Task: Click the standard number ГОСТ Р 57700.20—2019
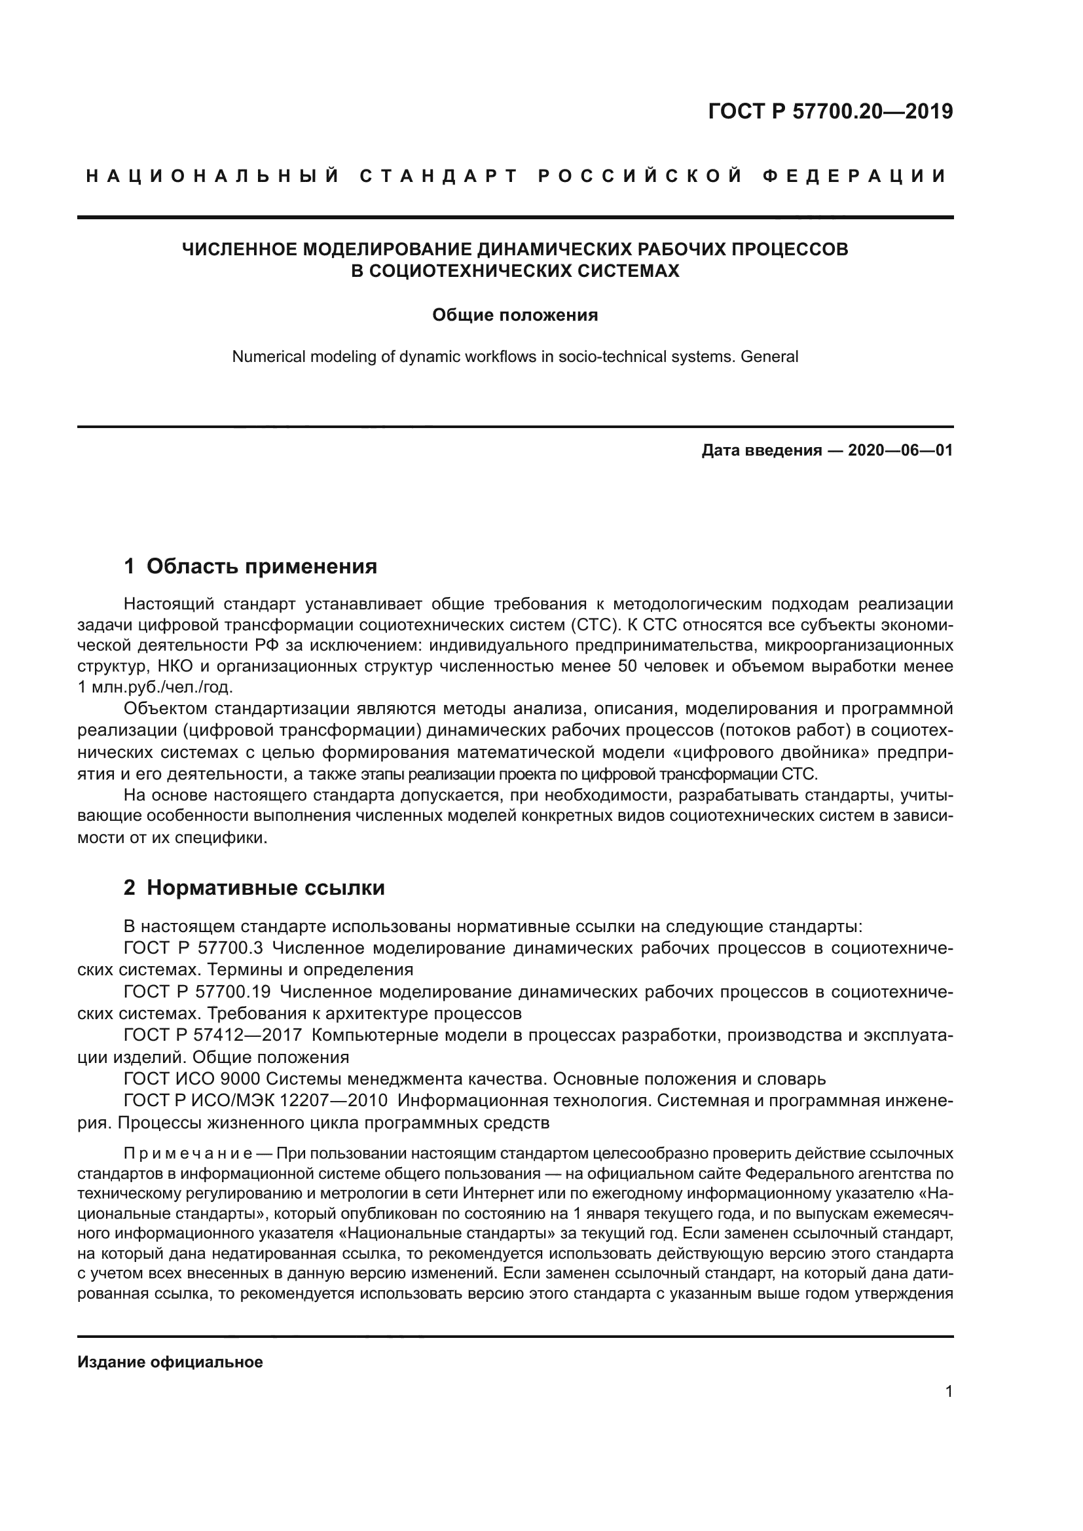click(830, 112)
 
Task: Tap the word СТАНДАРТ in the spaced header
click(439, 176)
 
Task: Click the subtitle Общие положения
click(515, 315)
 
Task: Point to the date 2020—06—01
click(900, 450)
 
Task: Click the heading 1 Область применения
click(251, 566)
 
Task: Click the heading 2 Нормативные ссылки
click(254, 888)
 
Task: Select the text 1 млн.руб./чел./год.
click(155, 687)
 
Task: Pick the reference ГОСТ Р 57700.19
click(197, 992)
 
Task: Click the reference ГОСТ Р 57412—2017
click(213, 1036)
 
